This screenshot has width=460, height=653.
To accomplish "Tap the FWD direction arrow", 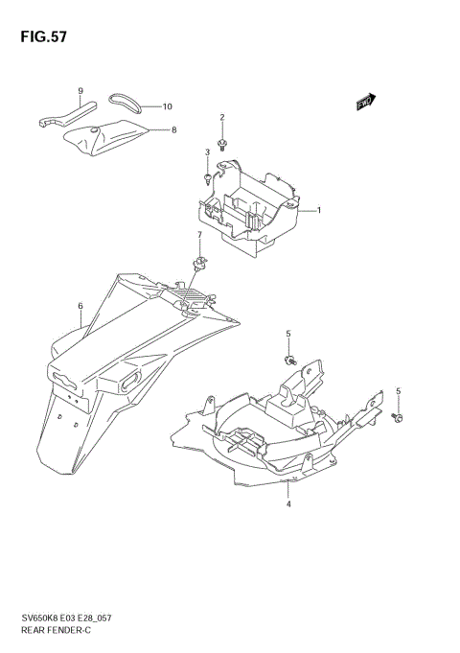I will pos(365,103).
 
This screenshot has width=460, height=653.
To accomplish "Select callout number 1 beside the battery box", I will pos(319,210).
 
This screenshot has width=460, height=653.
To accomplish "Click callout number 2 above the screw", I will pos(222,118).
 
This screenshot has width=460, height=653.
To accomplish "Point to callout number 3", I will pos(206,152).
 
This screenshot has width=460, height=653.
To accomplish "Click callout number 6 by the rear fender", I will pos(81,307).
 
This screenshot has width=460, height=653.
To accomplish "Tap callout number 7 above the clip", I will pos(199,235).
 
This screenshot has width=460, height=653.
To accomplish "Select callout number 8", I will pos(173,129).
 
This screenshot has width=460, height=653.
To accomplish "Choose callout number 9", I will pos(81,90).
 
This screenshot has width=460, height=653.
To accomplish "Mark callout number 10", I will pos(167,106).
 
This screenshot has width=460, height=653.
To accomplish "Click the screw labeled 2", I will pos(222,146).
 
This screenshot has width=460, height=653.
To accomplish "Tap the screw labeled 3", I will pos(206,177).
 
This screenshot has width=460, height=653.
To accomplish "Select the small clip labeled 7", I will pos(199,260).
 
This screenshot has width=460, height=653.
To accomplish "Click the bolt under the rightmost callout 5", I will pos(399,418).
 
